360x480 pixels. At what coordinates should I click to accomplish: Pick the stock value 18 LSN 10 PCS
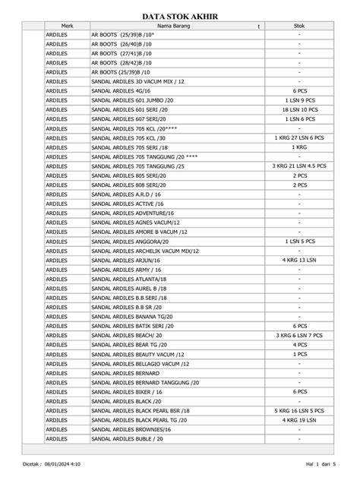point(300,109)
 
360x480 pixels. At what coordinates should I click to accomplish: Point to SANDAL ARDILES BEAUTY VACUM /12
point(137,354)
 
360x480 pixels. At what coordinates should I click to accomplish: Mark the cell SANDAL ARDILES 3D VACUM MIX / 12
point(137,81)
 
